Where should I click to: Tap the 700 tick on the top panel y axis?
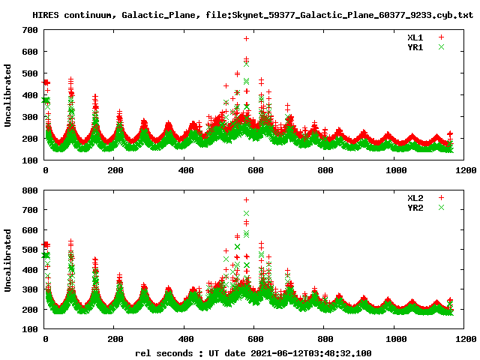point(29,29)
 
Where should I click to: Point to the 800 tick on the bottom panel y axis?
point(29,190)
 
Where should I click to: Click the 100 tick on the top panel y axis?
point(29,160)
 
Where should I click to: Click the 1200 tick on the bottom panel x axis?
point(464,339)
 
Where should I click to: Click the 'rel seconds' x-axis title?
point(163,352)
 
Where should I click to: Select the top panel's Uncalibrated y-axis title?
point(8,95)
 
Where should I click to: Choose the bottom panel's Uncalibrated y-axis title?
point(8,259)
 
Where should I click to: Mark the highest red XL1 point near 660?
point(246,38)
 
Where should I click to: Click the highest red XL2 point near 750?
point(246,200)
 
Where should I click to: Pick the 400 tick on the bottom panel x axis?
point(184,339)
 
